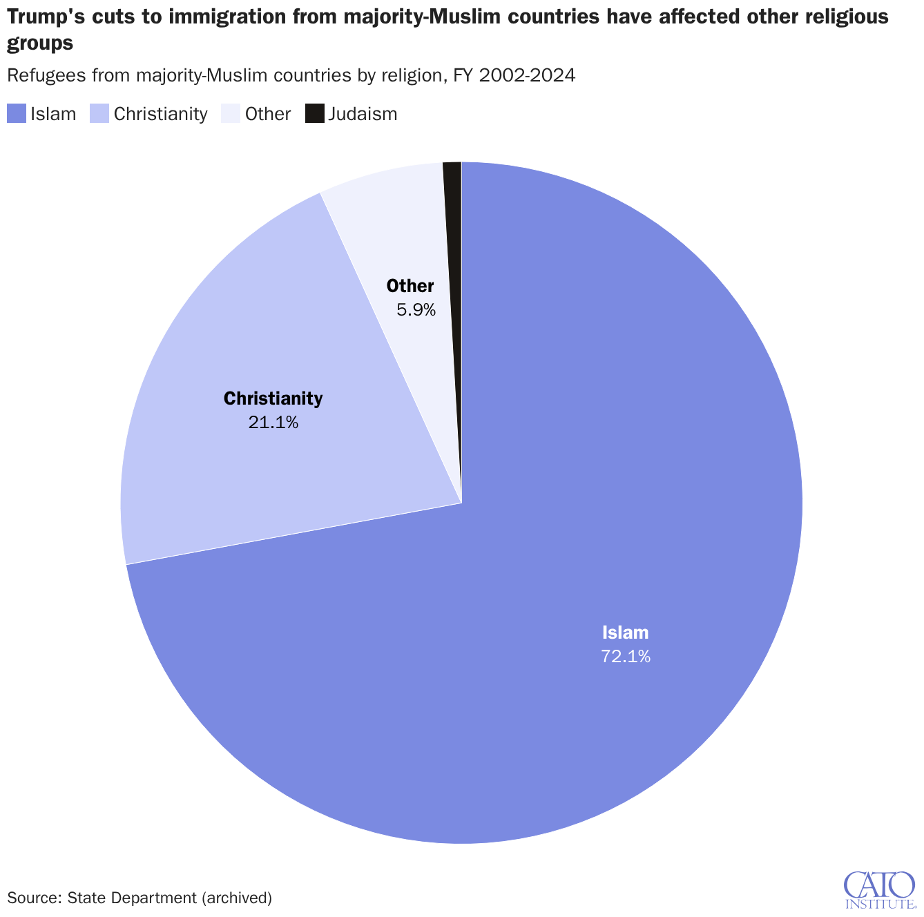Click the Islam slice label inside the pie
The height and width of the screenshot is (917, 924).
[625, 633]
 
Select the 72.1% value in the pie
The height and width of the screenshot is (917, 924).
[625, 656]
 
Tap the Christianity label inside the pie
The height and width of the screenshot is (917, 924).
[273, 398]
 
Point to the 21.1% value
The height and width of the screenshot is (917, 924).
[273, 422]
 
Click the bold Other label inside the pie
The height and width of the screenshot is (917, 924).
[410, 286]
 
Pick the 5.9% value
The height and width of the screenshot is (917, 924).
[416, 310]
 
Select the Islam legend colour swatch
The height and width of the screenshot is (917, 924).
[17, 114]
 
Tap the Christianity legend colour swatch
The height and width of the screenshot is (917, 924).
[99, 114]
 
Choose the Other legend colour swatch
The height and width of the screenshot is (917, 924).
[231, 114]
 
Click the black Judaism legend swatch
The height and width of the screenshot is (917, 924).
[314, 114]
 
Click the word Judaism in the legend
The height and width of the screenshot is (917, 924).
[363, 114]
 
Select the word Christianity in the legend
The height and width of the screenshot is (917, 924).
[161, 114]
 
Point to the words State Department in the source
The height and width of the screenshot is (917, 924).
[132, 898]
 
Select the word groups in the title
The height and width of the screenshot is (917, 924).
[40, 44]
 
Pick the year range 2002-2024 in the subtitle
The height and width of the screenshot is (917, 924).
[527, 75]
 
